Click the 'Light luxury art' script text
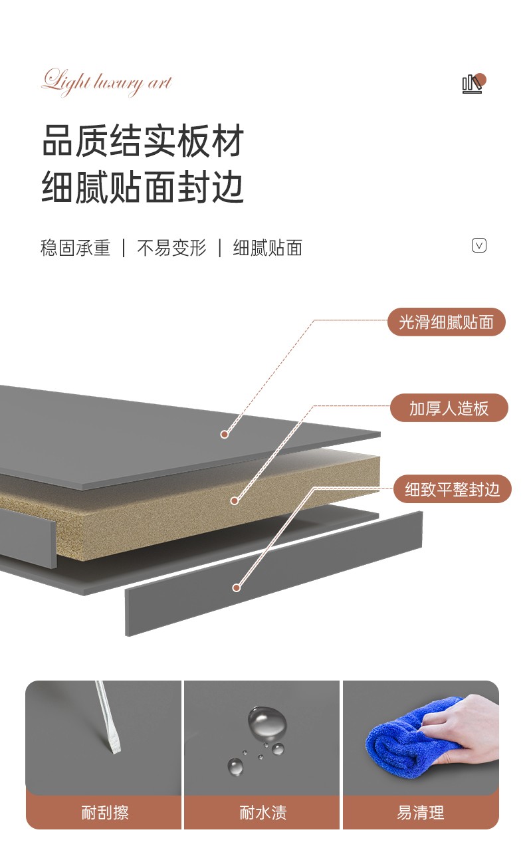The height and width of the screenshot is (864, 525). coord(106,82)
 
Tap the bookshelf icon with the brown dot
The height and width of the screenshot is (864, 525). coord(472,84)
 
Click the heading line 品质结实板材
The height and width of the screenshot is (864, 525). coord(143,141)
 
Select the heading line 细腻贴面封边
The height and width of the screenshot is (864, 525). coord(143,187)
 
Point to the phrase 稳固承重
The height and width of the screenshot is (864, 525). coord(75,248)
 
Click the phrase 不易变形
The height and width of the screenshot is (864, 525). coord(171,248)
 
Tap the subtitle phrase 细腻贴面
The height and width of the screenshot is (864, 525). coord(267,248)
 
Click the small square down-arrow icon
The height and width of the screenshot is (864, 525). coord(479,245)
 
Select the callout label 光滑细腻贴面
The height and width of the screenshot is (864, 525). coord(447,322)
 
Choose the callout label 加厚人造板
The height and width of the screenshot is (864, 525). coord(449,408)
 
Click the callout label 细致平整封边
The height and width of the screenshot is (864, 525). coord(452,490)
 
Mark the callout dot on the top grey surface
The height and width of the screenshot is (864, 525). coord(225,435)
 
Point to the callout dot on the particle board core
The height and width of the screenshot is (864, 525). coord(234,500)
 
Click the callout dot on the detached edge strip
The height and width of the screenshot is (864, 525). coord(236,588)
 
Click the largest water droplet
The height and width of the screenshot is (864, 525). coord(267,722)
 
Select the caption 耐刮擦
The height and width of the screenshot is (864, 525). coord(104,812)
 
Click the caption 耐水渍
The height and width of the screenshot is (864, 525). coord(262,812)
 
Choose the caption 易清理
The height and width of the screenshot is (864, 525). coord(421,812)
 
